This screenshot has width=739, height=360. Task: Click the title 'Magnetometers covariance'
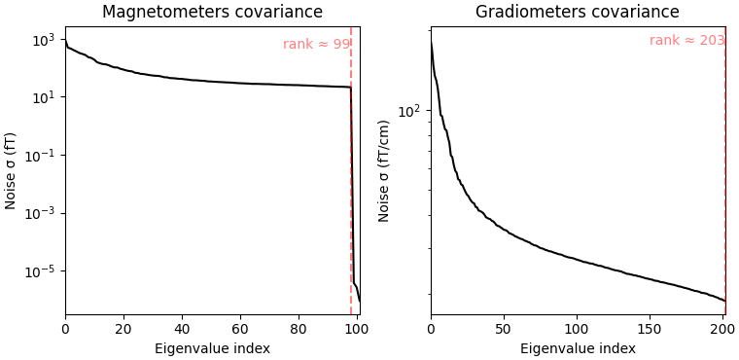[212, 13]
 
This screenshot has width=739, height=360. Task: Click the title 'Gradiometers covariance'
[577, 13]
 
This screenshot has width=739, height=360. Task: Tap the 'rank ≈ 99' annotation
[316, 45]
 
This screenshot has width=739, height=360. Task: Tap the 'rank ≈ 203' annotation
[686, 41]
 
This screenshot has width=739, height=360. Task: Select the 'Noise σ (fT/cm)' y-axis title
[384, 170]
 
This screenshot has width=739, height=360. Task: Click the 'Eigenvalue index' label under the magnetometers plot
[212, 348]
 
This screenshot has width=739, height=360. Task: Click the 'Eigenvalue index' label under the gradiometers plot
[578, 348]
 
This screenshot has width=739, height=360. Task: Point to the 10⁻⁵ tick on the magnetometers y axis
[42, 270]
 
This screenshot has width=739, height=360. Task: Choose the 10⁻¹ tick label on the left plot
[42, 156]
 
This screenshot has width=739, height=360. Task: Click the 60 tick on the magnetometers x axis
[240, 329]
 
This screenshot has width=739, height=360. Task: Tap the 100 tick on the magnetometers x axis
[357, 329]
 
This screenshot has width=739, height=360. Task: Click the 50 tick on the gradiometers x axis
[503, 329]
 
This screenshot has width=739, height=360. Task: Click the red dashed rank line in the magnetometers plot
[351, 195]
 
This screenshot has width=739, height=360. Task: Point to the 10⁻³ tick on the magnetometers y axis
[42, 213]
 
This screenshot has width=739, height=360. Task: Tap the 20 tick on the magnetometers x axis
[123, 329]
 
